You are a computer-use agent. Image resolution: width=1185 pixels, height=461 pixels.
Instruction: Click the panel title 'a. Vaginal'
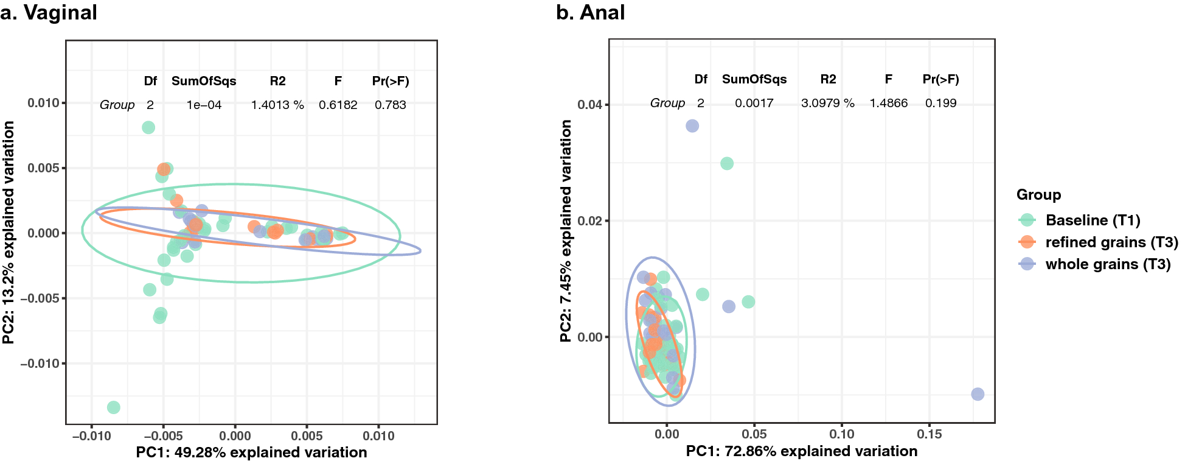[x=49, y=12]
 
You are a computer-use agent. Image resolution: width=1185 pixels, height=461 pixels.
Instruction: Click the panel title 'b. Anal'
[x=590, y=12]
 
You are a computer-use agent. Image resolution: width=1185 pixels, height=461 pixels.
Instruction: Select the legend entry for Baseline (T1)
[x=1093, y=220]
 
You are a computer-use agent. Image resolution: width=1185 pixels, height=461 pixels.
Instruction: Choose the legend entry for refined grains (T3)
[x=1111, y=242]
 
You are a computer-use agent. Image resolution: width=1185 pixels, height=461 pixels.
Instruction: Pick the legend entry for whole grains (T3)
[x=1108, y=264]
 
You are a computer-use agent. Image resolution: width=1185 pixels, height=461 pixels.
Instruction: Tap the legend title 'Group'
[x=1038, y=195]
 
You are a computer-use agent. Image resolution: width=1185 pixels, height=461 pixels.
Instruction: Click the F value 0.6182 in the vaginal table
[x=338, y=105]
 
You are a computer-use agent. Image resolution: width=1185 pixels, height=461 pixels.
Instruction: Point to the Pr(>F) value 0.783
[x=390, y=105]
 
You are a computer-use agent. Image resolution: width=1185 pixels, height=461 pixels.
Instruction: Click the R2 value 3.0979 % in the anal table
[x=827, y=103]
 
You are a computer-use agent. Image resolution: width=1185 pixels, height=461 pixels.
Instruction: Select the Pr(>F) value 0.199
[x=940, y=103]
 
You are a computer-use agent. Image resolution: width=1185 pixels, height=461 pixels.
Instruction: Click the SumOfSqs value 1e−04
[x=204, y=105]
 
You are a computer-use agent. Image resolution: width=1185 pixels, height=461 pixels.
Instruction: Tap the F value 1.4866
[x=888, y=103]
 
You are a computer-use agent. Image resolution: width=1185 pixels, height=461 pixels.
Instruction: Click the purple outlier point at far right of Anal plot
[x=977, y=394]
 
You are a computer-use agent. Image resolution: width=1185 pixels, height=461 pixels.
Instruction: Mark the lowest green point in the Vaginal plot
[x=113, y=407]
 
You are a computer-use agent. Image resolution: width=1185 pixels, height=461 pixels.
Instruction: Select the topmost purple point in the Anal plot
[x=692, y=126]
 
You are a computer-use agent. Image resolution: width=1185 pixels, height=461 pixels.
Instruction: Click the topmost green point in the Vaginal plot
[x=148, y=127]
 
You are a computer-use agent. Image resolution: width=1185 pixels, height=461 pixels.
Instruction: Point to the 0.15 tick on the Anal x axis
[x=929, y=434]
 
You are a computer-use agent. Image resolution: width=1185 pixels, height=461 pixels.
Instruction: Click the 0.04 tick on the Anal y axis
[x=589, y=105]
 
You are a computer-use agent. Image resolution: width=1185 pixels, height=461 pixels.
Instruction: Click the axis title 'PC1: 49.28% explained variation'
[x=251, y=452]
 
